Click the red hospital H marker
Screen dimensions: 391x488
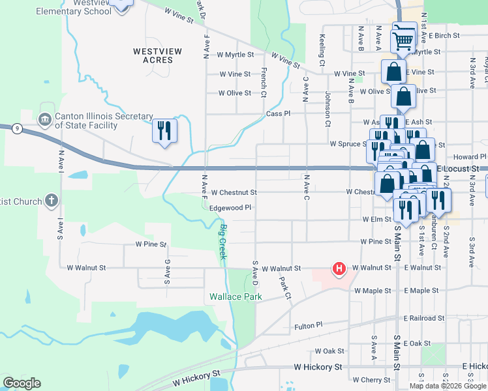coord(339,268)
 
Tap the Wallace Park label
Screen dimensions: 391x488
coord(236,297)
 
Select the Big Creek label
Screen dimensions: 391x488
coord(223,242)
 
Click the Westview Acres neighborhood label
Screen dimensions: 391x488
coord(153,55)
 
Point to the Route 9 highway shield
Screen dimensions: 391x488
coord(17,129)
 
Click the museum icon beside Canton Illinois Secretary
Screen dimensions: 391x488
coord(45,119)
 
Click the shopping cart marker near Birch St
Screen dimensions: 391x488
coord(403,40)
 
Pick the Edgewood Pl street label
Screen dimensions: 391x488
coord(230,207)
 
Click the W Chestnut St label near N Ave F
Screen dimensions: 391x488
coord(234,192)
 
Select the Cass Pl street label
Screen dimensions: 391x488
coord(277,113)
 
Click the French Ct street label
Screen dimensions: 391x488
coord(264,78)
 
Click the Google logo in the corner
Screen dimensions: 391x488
coord(22,383)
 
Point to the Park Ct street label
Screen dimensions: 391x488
coord(285,288)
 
